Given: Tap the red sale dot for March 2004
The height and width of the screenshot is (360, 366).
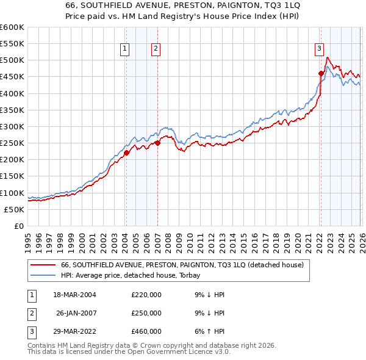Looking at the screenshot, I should coord(126,153).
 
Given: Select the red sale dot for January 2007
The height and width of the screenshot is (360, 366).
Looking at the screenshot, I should coord(157,143).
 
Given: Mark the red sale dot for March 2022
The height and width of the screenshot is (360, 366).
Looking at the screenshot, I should coord(321,73).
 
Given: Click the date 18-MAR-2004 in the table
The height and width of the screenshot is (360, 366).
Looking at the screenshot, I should coord(74,295).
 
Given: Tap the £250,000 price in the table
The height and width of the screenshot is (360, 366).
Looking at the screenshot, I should coord(146,313).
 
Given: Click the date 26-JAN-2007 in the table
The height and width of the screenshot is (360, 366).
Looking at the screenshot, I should coord(76,313).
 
